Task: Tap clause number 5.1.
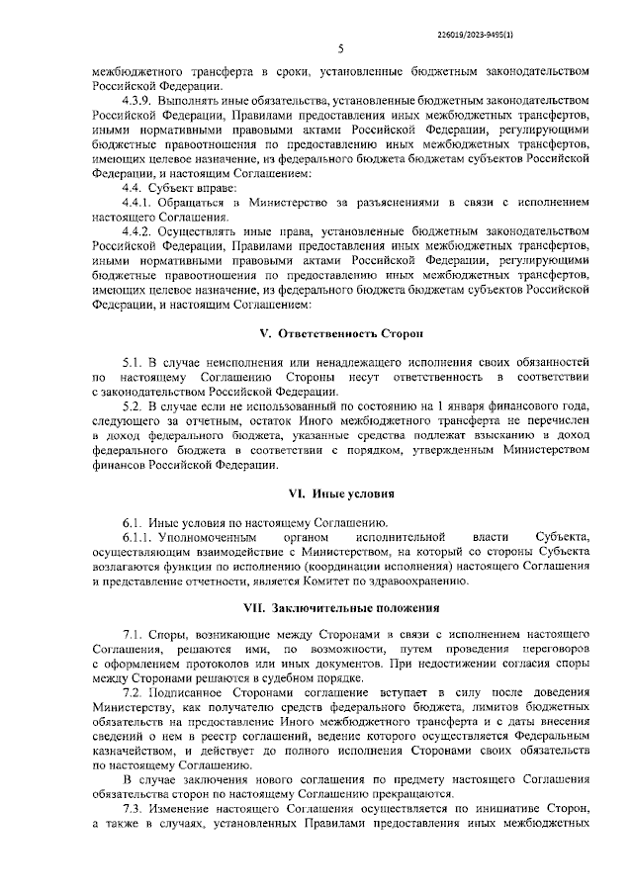pos(134,365)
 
